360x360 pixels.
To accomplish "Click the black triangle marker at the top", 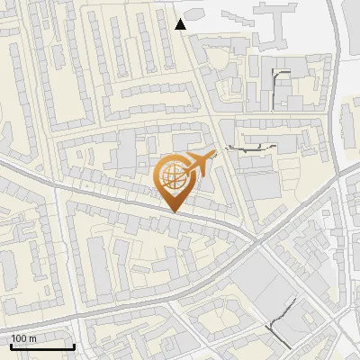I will [x=181, y=24].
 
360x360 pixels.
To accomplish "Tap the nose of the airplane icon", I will [x=216, y=154].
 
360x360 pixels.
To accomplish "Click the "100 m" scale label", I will [x=24, y=337].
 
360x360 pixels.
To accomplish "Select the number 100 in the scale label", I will [x=20, y=337].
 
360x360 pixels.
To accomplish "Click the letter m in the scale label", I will [x=33, y=337].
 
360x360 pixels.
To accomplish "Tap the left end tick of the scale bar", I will [x=11, y=345].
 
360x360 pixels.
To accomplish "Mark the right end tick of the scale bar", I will [x=74, y=345].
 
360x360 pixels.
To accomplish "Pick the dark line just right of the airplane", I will [x=248, y=147].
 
